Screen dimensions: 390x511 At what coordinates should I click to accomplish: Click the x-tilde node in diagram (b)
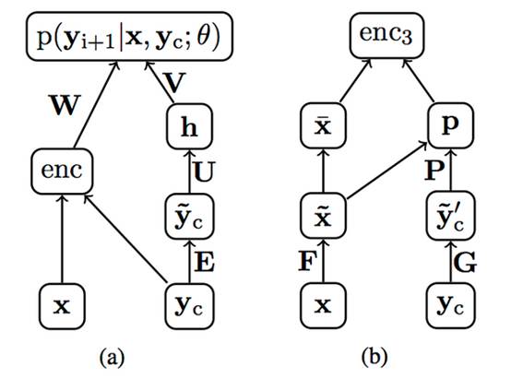322,215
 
